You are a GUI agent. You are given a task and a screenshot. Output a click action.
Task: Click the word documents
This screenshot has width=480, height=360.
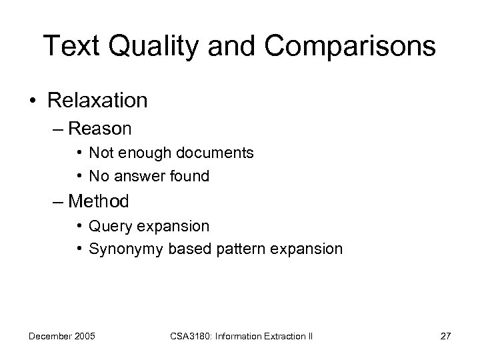coord(215,153)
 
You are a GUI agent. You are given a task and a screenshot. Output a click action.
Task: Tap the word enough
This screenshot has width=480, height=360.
coord(147,153)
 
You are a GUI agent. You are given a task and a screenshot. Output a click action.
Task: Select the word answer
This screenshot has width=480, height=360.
coord(137,176)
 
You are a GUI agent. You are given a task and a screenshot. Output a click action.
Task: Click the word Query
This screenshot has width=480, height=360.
coord(109,226)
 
